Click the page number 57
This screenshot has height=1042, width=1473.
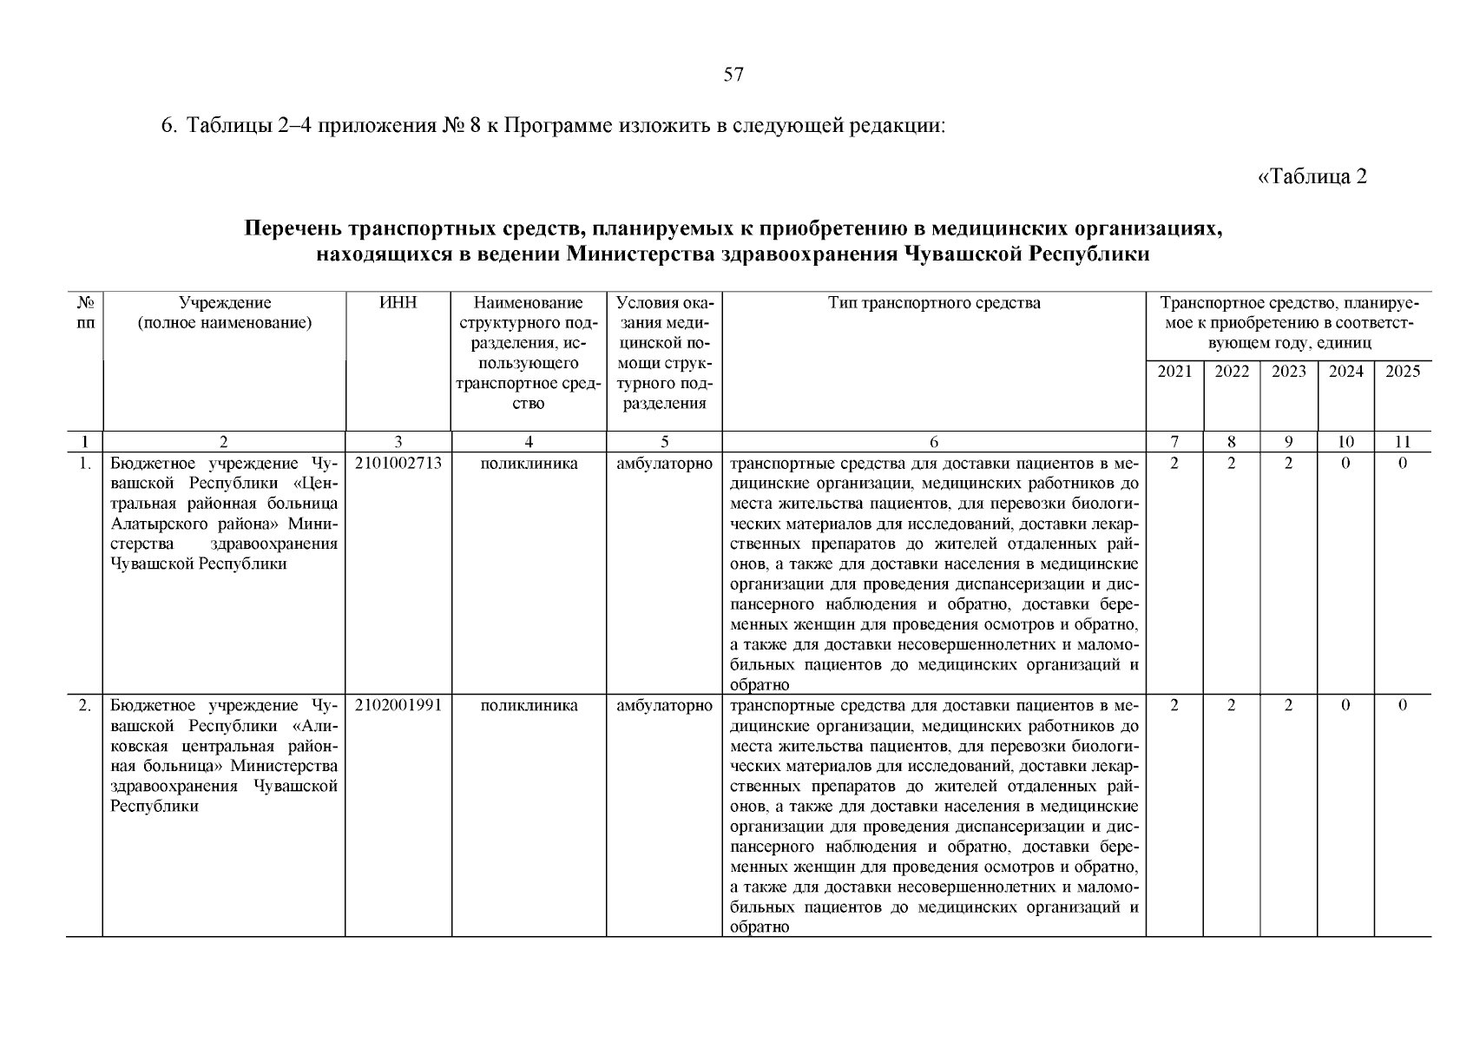[733, 76]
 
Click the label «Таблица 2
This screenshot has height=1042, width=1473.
[1312, 177]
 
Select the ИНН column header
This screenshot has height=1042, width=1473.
[398, 303]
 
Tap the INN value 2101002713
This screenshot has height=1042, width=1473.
[398, 464]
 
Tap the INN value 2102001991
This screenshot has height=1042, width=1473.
[398, 706]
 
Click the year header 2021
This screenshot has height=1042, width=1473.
[1174, 372]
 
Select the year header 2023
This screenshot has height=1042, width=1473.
[1288, 372]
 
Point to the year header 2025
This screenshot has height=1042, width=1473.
[1403, 372]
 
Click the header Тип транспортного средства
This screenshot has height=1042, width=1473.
[934, 303]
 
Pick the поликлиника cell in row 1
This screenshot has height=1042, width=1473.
[529, 464]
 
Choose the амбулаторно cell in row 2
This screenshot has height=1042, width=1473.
[664, 706]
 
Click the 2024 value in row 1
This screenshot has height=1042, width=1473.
[1345, 464]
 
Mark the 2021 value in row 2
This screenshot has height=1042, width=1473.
[1174, 706]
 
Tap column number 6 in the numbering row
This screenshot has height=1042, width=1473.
[934, 441]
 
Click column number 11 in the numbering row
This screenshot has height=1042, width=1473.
[1403, 441]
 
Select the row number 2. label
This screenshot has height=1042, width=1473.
[84, 706]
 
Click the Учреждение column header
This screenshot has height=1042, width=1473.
[225, 303]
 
